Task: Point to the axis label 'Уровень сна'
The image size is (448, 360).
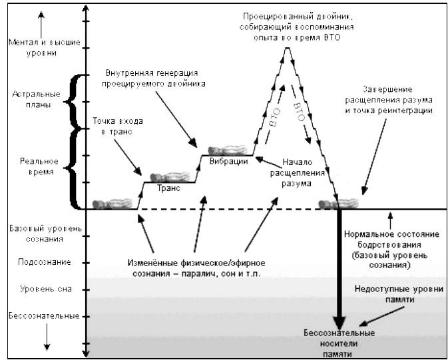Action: tap(41, 289)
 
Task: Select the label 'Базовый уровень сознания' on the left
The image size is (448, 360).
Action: tap(41, 234)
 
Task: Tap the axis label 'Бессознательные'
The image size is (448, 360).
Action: tap(41, 314)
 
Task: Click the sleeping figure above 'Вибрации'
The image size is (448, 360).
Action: tap(228, 150)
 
